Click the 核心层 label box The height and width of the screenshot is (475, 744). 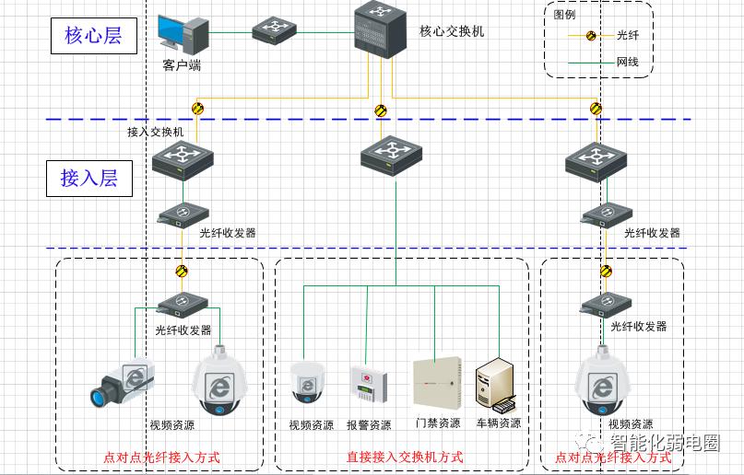(93, 36)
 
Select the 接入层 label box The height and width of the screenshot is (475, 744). (89, 178)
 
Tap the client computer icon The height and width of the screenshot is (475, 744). (183, 34)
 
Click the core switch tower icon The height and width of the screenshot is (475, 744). (380, 29)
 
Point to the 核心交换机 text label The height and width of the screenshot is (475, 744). (452, 31)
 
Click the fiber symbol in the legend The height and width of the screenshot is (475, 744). (592, 36)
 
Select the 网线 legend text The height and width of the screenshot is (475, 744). (628, 63)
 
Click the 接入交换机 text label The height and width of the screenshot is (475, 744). (156, 133)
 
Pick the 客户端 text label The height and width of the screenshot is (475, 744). (182, 65)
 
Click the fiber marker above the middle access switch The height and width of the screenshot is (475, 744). (380, 111)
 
